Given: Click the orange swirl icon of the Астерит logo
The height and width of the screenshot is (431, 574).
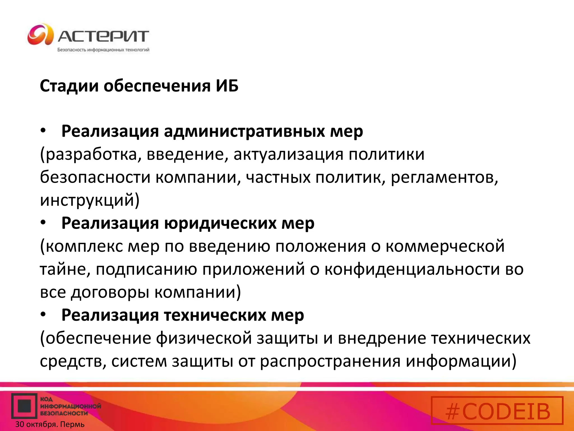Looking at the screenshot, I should [40, 35].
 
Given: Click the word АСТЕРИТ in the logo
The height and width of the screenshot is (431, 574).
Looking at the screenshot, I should [103, 36].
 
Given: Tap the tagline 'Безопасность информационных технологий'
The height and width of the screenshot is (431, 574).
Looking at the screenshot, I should [103, 50].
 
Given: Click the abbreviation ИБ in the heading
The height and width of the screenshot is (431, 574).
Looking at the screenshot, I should [227, 86].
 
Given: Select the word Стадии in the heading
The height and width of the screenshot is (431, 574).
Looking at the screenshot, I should [69, 86].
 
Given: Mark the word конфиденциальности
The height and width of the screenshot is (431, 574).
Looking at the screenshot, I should [412, 269].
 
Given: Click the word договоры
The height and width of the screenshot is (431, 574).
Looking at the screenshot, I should [110, 292].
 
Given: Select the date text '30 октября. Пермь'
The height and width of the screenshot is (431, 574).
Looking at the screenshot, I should [50, 424].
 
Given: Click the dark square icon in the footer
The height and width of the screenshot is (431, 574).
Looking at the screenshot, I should [24, 406].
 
